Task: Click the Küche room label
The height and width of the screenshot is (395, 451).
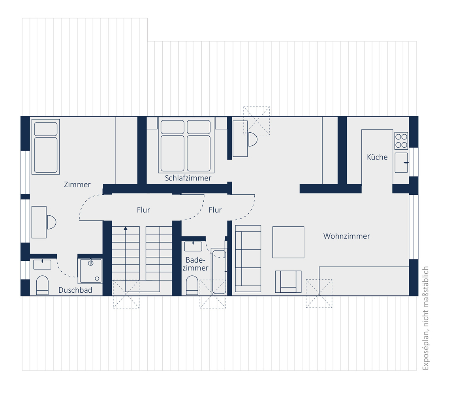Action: [x=377, y=157]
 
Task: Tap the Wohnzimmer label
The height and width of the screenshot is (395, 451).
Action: [x=347, y=236]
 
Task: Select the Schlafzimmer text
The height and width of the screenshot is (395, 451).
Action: [x=188, y=178]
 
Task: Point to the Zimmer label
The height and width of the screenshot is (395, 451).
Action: [x=77, y=185]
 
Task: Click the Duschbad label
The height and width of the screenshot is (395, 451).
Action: [x=75, y=290]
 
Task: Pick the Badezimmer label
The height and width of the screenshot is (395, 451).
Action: [x=195, y=264]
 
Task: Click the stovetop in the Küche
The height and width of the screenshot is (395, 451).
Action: [x=401, y=141]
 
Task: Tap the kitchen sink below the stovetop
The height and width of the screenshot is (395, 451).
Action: [x=401, y=163]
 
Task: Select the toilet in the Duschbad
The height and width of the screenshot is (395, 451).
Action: [x=42, y=285]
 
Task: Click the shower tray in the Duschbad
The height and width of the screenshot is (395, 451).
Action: [x=90, y=271]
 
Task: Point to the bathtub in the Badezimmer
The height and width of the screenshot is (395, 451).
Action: [x=219, y=272]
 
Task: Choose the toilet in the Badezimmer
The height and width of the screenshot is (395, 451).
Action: [x=192, y=286]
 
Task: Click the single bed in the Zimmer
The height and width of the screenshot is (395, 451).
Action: [x=45, y=147]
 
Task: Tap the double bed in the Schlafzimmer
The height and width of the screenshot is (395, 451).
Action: [x=186, y=145]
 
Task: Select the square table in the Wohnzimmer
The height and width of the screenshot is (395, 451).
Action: [x=288, y=242]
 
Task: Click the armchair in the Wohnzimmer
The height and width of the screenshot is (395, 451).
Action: [x=288, y=282]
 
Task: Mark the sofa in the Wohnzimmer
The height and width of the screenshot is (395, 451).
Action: [x=248, y=259]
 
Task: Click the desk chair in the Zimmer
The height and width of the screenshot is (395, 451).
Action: [x=51, y=222]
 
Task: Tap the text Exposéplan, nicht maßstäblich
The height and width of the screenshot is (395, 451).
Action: [x=425, y=318]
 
